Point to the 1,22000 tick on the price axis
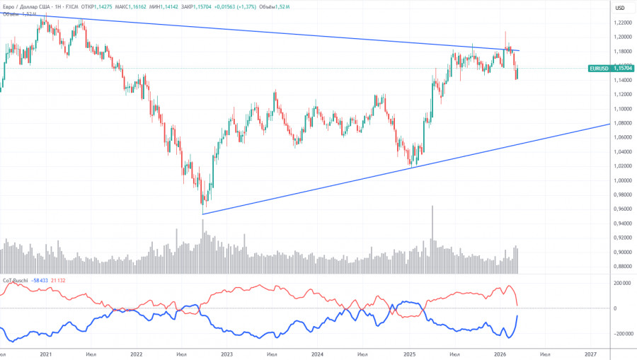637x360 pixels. click(x=622, y=22)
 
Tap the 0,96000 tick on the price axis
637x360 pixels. click(x=622, y=209)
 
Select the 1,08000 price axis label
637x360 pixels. click(x=622, y=123)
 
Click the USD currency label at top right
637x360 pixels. click(x=620, y=8)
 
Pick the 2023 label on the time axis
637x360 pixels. click(x=226, y=354)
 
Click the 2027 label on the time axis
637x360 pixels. click(x=590, y=354)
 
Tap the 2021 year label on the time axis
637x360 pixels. click(x=46, y=354)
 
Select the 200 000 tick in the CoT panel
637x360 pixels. click(x=621, y=283)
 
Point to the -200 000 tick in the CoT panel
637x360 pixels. click(x=620, y=333)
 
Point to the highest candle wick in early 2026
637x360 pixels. click(x=505, y=33)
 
